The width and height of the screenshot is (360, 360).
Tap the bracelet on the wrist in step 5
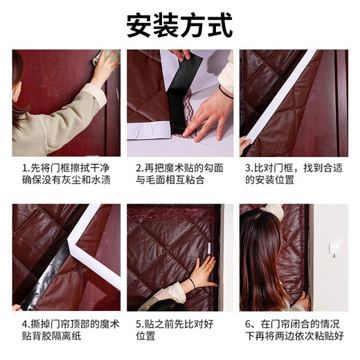pos(191,284)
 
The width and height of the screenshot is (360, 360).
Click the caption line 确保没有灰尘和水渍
pos(62,181)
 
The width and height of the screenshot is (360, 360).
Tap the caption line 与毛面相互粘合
pos(165,181)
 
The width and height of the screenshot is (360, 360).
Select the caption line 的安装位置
pos(269,181)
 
